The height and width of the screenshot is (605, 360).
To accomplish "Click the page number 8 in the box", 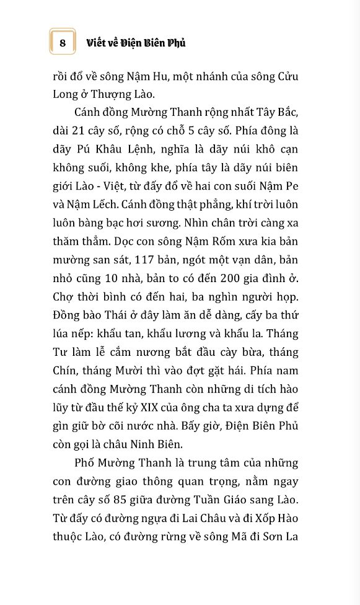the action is pyautogui.click(x=63, y=42).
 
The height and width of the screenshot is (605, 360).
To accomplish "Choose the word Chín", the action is pyautogui.click(x=65, y=371).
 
